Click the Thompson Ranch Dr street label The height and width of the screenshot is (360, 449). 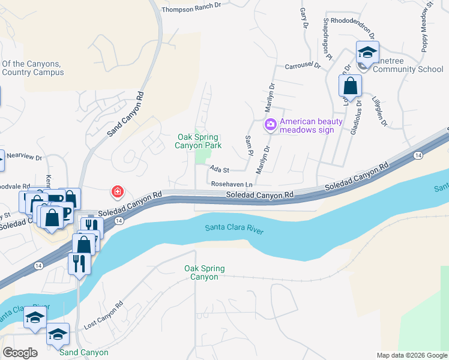pyautogui.click(x=192, y=4)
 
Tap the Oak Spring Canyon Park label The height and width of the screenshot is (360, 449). pyautogui.click(x=197, y=141)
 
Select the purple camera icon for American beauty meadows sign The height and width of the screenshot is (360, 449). pyautogui.click(x=270, y=125)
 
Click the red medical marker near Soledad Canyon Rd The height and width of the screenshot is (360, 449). pyautogui.click(x=118, y=192)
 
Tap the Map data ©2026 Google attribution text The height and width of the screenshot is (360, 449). pyautogui.click(x=412, y=355)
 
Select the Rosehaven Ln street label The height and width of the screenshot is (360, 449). pyautogui.click(x=230, y=183)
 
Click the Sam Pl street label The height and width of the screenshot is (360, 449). pyautogui.click(x=249, y=144)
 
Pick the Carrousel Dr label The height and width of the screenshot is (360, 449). pyautogui.click(x=304, y=66)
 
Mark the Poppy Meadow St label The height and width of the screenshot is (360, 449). pyautogui.click(x=427, y=27)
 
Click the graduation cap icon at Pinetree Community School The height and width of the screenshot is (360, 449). pyautogui.click(x=367, y=52)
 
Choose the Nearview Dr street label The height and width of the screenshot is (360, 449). pyautogui.click(x=26, y=158)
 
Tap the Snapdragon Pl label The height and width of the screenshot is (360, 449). pyautogui.click(x=328, y=38)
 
